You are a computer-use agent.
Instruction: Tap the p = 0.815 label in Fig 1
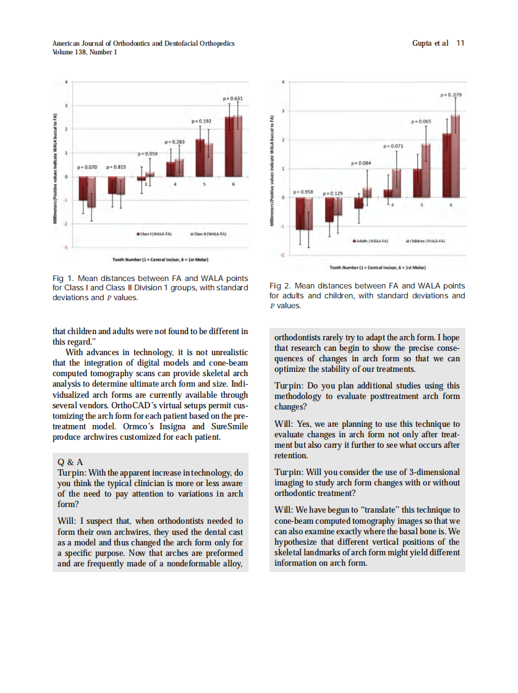117,167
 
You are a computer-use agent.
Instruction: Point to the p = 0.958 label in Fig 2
304,192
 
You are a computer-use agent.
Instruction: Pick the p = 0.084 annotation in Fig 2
361,163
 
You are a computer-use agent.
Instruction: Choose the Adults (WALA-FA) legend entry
370,241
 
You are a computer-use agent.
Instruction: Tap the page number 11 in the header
460,43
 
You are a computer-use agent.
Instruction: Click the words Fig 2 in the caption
280,286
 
